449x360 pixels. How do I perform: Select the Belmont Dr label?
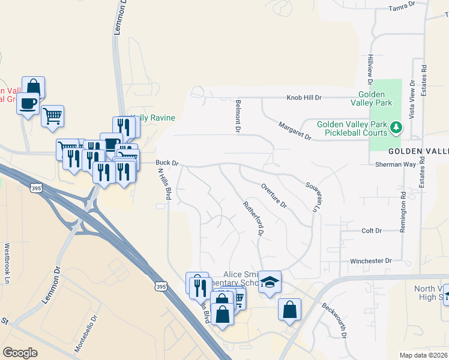238,116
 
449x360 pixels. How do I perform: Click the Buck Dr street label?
167,163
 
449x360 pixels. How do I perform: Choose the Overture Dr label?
274,195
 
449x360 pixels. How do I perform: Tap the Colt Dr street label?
372,230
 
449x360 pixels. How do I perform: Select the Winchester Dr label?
370,261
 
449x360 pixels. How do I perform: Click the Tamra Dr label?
402,7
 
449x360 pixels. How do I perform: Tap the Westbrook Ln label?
8,255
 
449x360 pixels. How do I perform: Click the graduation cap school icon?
270,282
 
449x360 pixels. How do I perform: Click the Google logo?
20,352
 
